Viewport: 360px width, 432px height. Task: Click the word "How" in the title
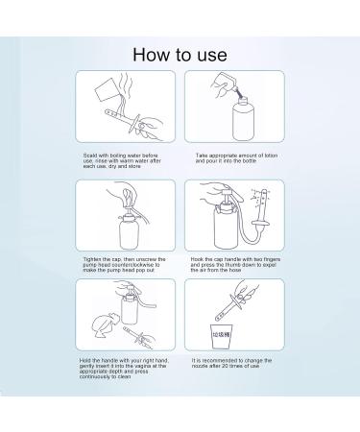tap(151, 54)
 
